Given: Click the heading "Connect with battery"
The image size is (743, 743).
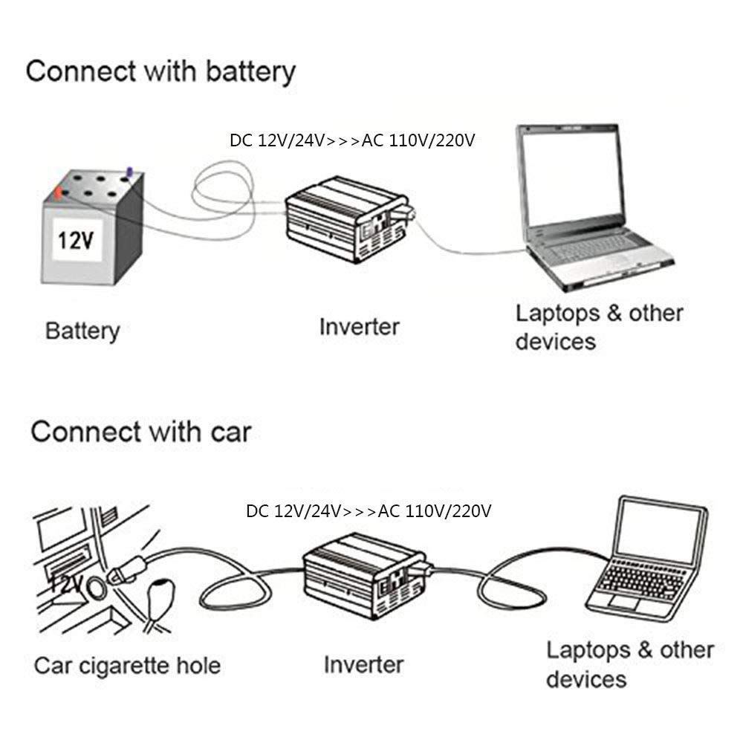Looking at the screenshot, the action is pos(160,72).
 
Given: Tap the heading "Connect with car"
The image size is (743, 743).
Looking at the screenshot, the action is pos(140,432).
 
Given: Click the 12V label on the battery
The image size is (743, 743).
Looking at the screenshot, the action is pos(76,240).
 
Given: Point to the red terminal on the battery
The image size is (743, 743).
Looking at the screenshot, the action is pos(58,192).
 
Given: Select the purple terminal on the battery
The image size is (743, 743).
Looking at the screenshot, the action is pos(129,172).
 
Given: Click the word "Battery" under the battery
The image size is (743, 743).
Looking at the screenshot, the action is pos(82,331).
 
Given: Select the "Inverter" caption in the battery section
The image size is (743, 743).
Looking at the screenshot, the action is pos(359,327).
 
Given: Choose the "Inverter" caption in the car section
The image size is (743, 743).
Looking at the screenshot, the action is pos(363,664).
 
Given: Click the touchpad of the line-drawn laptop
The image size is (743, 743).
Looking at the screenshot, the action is pos(625,603).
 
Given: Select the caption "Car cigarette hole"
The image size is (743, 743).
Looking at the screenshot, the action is pos(127,666).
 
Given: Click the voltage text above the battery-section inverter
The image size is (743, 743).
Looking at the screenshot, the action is pos(352,140).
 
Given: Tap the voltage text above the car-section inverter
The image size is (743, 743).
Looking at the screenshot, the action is pos(369,511).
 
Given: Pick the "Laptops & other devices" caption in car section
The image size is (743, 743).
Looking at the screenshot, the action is pos(630,664).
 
